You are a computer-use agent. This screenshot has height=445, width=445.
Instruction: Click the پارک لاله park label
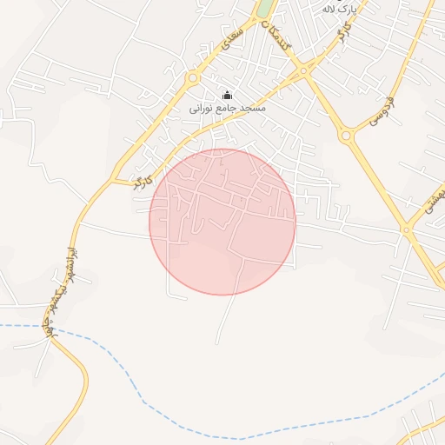(x=340, y=8)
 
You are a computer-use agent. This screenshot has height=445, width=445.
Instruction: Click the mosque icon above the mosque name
(x=228, y=96)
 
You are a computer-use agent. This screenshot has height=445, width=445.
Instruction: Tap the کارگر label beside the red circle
(x=142, y=181)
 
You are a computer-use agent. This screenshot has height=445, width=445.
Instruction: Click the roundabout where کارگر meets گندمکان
(x=303, y=70)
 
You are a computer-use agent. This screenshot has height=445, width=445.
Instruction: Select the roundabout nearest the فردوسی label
(x=347, y=135)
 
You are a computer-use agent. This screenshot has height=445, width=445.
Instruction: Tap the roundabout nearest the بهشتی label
(x=407, y=230)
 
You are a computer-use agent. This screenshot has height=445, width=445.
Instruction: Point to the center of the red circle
(x=222, y=222)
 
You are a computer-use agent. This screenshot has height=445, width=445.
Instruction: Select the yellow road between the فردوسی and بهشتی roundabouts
(x=376, y=183)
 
